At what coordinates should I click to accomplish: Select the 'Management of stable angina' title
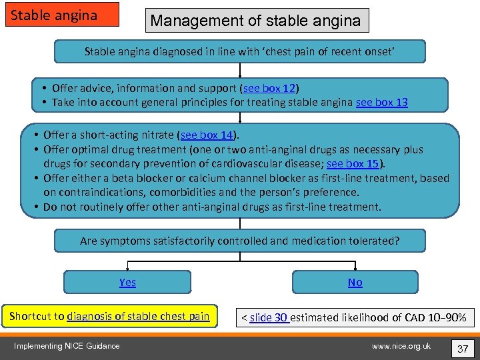256,21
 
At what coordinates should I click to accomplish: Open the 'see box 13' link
382,102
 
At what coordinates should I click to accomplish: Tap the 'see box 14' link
208,135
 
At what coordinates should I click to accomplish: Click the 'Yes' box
127,282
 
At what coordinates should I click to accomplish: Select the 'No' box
355,282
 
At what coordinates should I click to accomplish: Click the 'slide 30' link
269,317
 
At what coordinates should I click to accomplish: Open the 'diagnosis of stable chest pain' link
138,316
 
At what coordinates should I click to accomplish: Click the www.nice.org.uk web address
401,345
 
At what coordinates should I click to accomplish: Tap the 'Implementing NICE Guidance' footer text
67,345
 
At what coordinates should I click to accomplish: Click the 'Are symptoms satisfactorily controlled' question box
239,241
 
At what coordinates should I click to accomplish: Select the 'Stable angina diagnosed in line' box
239,51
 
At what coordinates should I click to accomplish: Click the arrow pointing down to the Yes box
127,266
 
